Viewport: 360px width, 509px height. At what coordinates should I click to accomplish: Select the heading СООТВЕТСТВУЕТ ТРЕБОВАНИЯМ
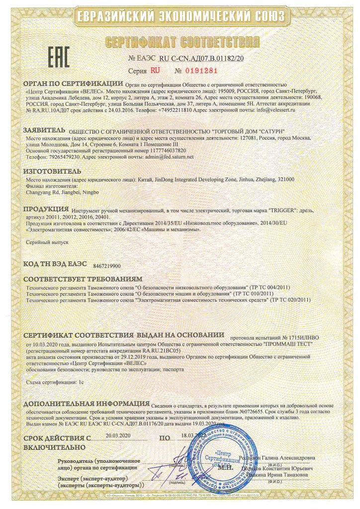tap(83, 279)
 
